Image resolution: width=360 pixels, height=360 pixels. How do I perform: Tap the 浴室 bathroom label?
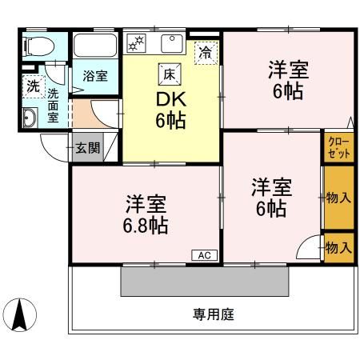(x=97, y=77)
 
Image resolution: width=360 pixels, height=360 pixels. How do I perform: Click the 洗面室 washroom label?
(x=53, y=104)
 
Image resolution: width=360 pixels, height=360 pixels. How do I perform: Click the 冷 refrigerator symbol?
(x=206, y=54)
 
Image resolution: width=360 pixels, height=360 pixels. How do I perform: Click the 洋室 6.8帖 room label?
(x=146, y=214)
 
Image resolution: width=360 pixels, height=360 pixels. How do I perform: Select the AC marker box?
(x=203, y=255)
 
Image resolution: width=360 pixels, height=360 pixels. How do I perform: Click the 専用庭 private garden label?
(x=213, y=314)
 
